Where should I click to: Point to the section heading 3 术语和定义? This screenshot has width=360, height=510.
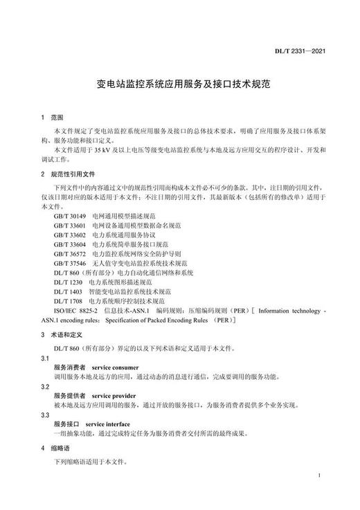[x=63, y=334]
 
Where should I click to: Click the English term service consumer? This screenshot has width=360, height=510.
[x=115, y=367]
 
